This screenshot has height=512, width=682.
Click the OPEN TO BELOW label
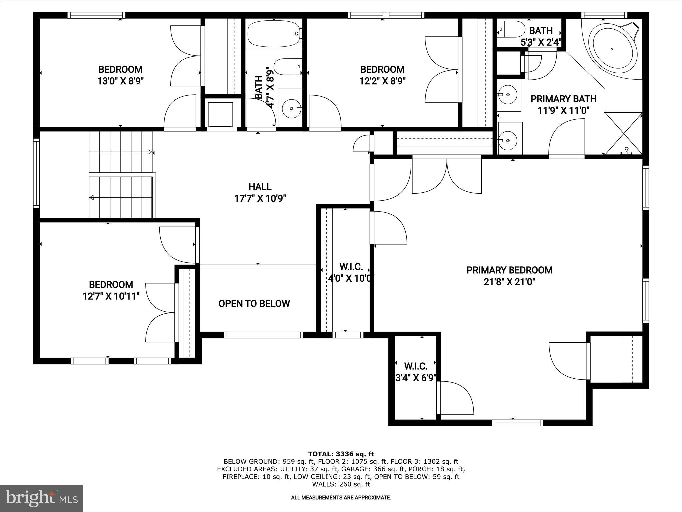click(x=254, y=304)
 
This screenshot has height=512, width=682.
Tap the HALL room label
click(x=260, y=187)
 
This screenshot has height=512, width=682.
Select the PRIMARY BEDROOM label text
click(x=509, y=270)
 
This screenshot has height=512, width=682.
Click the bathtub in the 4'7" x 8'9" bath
click(x=274, y=34)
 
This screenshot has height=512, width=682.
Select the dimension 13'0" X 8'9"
click(x=120, y=81)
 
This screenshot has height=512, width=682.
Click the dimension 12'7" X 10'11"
click(x=111, y=296)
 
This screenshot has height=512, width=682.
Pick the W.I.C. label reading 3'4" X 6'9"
click(x=416, y=378)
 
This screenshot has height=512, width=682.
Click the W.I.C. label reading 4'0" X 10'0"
click(x=351, y=278)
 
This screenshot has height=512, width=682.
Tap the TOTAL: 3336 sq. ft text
click(x=341, y=454)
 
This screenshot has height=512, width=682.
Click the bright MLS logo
click(x=42, y=498)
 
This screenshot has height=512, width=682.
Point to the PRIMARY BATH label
click(x=563, y=99)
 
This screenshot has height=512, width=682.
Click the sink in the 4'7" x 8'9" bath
click(x=292, y=109)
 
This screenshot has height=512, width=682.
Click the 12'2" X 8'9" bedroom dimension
click(x=382, y=81)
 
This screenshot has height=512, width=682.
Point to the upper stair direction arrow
click(x=150, y=152)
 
